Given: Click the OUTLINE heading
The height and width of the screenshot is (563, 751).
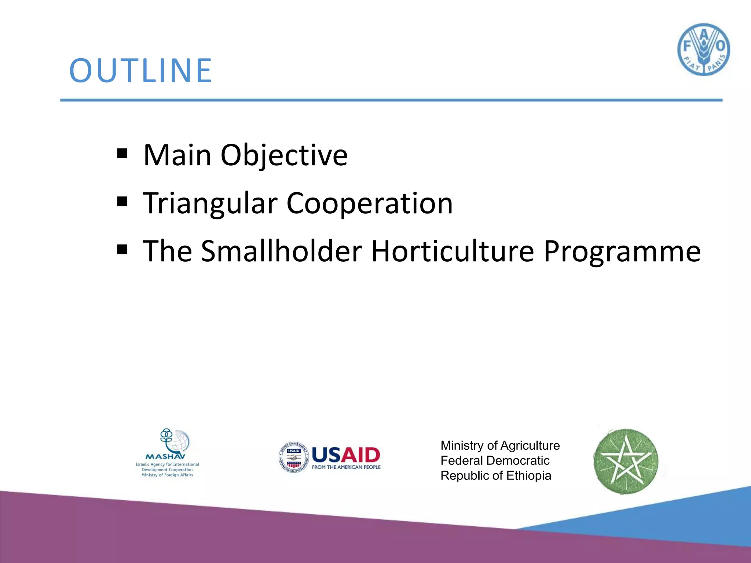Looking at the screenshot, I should coord(140,70).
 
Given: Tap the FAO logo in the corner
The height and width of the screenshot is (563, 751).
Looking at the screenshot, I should coord(703,50).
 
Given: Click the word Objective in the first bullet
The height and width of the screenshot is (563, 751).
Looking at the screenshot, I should coord(283,155).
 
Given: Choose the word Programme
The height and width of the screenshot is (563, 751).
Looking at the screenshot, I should coord(622,252).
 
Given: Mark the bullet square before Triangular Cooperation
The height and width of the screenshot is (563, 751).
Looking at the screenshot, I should coord(122,202).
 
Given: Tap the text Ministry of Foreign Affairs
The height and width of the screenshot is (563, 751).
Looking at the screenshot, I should coord(167,475).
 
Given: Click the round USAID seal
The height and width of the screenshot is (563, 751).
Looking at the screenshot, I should coord(293,457).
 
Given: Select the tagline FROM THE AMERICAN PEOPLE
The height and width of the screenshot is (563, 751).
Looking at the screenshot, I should coord(346,467).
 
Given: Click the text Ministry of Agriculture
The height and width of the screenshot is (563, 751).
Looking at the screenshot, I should coord(500,445).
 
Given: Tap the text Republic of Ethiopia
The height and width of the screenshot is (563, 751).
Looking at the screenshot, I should coord(495,476).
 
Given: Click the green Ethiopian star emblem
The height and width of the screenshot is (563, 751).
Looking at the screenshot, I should coord(626,461).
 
